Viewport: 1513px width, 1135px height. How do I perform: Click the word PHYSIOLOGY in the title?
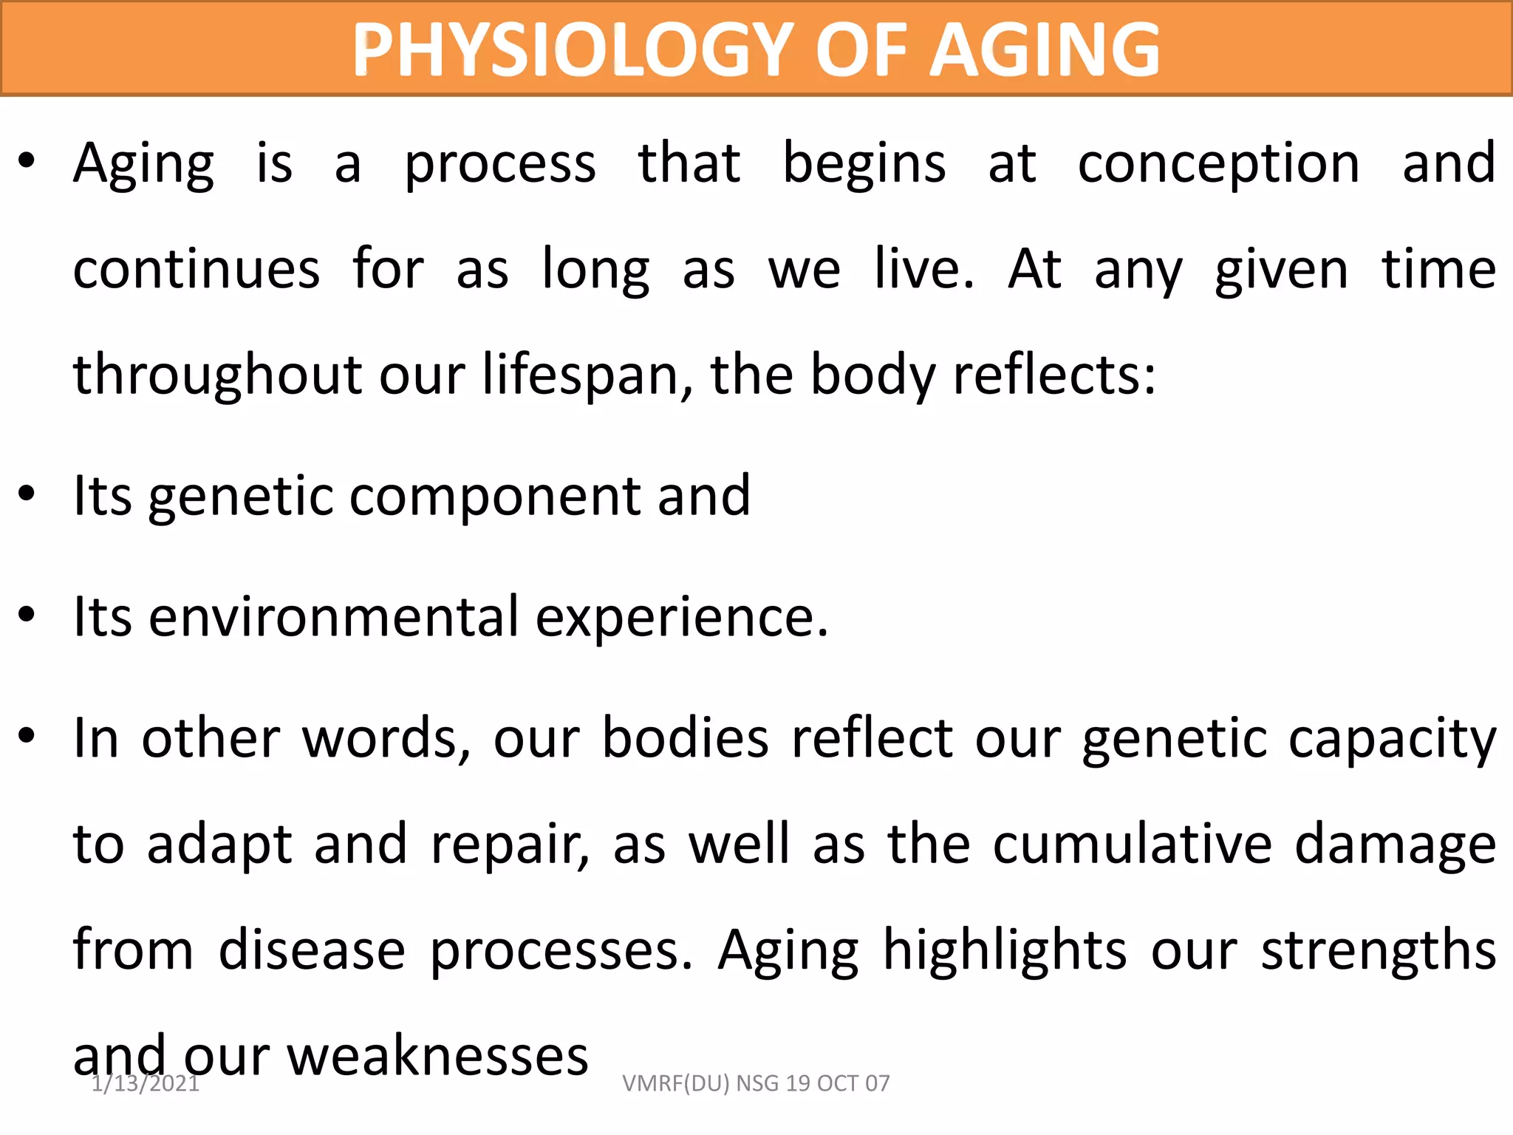(x=573, y=50)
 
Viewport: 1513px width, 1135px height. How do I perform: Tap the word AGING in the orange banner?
(x=1044, y=50)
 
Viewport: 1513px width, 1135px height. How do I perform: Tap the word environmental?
(x=334, y=617)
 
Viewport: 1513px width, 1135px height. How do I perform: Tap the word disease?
(x=312, y=950)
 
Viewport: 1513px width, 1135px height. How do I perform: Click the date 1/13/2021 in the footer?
(x=146, y=1083)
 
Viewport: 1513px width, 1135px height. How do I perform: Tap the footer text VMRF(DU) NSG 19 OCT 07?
(x=756, y=1083)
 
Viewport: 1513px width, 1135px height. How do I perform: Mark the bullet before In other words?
(x=27, y=736)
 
